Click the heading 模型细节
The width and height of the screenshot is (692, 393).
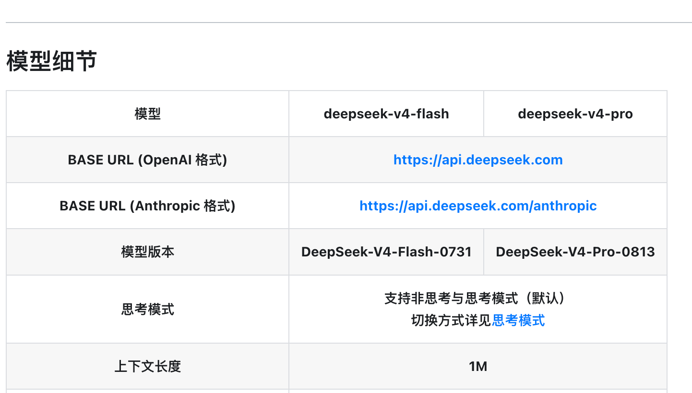(x=52, y=61)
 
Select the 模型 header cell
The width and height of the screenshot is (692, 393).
(x=148, y=114)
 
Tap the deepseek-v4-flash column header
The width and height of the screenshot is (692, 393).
(x=386, y=114)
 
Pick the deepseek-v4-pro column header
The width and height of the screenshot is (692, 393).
(x=575, y=114)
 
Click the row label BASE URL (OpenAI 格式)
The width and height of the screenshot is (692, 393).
(x=147, y=160)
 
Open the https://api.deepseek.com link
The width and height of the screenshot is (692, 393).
(x=478, y=160)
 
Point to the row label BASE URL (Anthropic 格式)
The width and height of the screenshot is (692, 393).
(x=147, y=206)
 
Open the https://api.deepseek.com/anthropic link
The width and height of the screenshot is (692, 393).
(x=478, y=206)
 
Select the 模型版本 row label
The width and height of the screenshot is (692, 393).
(x=148, y=252)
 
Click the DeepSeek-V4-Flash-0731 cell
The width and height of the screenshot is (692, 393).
(x=386, y=252)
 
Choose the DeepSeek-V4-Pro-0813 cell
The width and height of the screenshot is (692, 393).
(x=575, y=252)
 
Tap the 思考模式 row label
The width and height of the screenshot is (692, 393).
(x=148, y=309)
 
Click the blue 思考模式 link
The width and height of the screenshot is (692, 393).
(x=518, y=320)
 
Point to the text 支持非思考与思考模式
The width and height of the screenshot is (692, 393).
(x=451, y=298)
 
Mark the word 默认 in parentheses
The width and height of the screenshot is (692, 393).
(x=545, y=298)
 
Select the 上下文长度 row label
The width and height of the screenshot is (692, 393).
(x=148, y=367)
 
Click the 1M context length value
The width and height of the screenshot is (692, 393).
(x=478, y=367)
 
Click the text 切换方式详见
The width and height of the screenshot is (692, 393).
(x=451, y=320)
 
